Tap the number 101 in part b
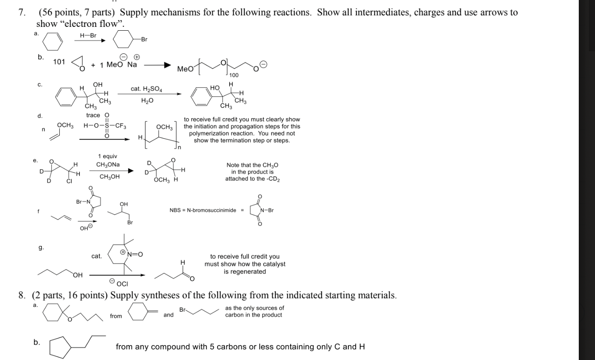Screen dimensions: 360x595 (x=59, y=62)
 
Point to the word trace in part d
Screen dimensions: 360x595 (x=93, y=116)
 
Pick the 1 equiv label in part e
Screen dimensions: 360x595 (x=107, y=156)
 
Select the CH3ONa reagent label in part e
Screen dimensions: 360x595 (x=108, y=165)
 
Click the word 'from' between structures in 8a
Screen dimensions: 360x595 (x=116, y=316)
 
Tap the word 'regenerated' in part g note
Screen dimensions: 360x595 (x=245, y=272)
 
